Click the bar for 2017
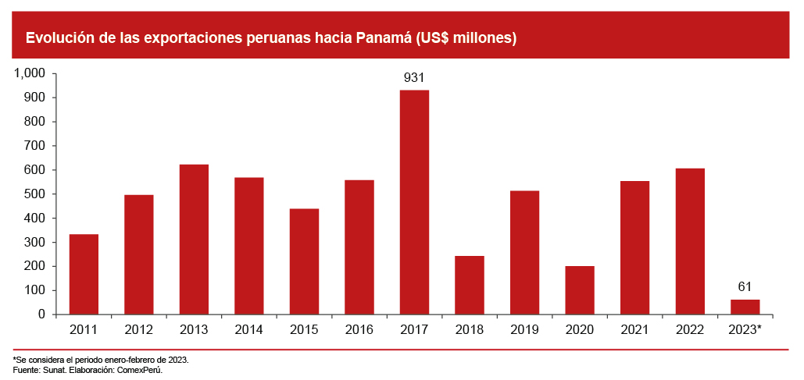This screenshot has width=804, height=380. [x=414, y=202]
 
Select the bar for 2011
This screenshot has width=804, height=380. [x=84, y=274]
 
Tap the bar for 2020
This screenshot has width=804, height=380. [x=580, y=290]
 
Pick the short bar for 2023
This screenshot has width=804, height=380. [x=745, y=307]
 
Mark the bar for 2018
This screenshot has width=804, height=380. [x=470, y=285]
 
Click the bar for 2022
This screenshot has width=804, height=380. [x=690, y=241]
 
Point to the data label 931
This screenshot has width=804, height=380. [x=414, y=78]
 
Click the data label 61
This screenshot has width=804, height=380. [x=745, y=287]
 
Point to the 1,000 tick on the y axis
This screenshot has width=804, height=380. [x=31, y=73]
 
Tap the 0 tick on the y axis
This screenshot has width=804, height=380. [x=45, y=314]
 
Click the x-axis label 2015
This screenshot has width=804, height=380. [x=304, y=330]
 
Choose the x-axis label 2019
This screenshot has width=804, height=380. [x=524, y=330]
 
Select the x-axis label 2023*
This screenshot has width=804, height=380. [x=745, y=330]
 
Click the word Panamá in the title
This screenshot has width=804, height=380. [x=384, y=37]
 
